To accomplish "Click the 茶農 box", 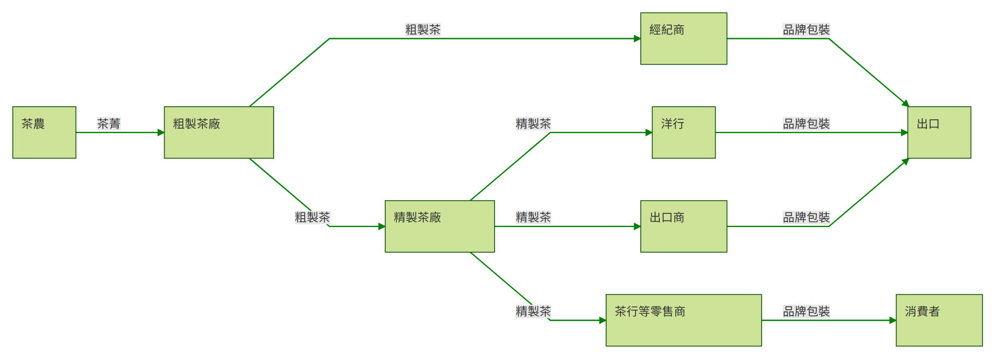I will (x=44, y=132).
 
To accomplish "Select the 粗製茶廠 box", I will (x=219, y=132).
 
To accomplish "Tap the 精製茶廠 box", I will (x=439, y=226).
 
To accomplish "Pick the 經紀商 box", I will (x=683, y=38).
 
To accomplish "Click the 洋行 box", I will (x=683, y=132).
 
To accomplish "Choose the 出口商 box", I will (x=683, y=226).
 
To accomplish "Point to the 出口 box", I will (x=939, y=132).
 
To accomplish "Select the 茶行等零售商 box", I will (x=683, y=320).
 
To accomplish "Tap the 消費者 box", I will (x=939, y=320).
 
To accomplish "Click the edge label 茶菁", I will (x=109, y=124).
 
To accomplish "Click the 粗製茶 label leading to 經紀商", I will (x=423, y=30).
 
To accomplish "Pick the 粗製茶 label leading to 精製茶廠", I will (x=312, y=217).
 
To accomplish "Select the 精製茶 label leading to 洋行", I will (x=533, y=124).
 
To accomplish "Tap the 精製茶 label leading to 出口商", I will (x=533, y=217).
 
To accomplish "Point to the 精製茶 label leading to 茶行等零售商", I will (x=533, y=311).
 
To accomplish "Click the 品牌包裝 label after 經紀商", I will (x=806, y=30).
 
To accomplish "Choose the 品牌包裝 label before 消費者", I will (x=806, y=311).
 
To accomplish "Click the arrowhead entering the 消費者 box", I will (x=892, y=320).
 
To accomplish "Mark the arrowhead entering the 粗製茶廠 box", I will (x=161, y=132).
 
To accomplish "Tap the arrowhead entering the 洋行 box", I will (x=648, y=132).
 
